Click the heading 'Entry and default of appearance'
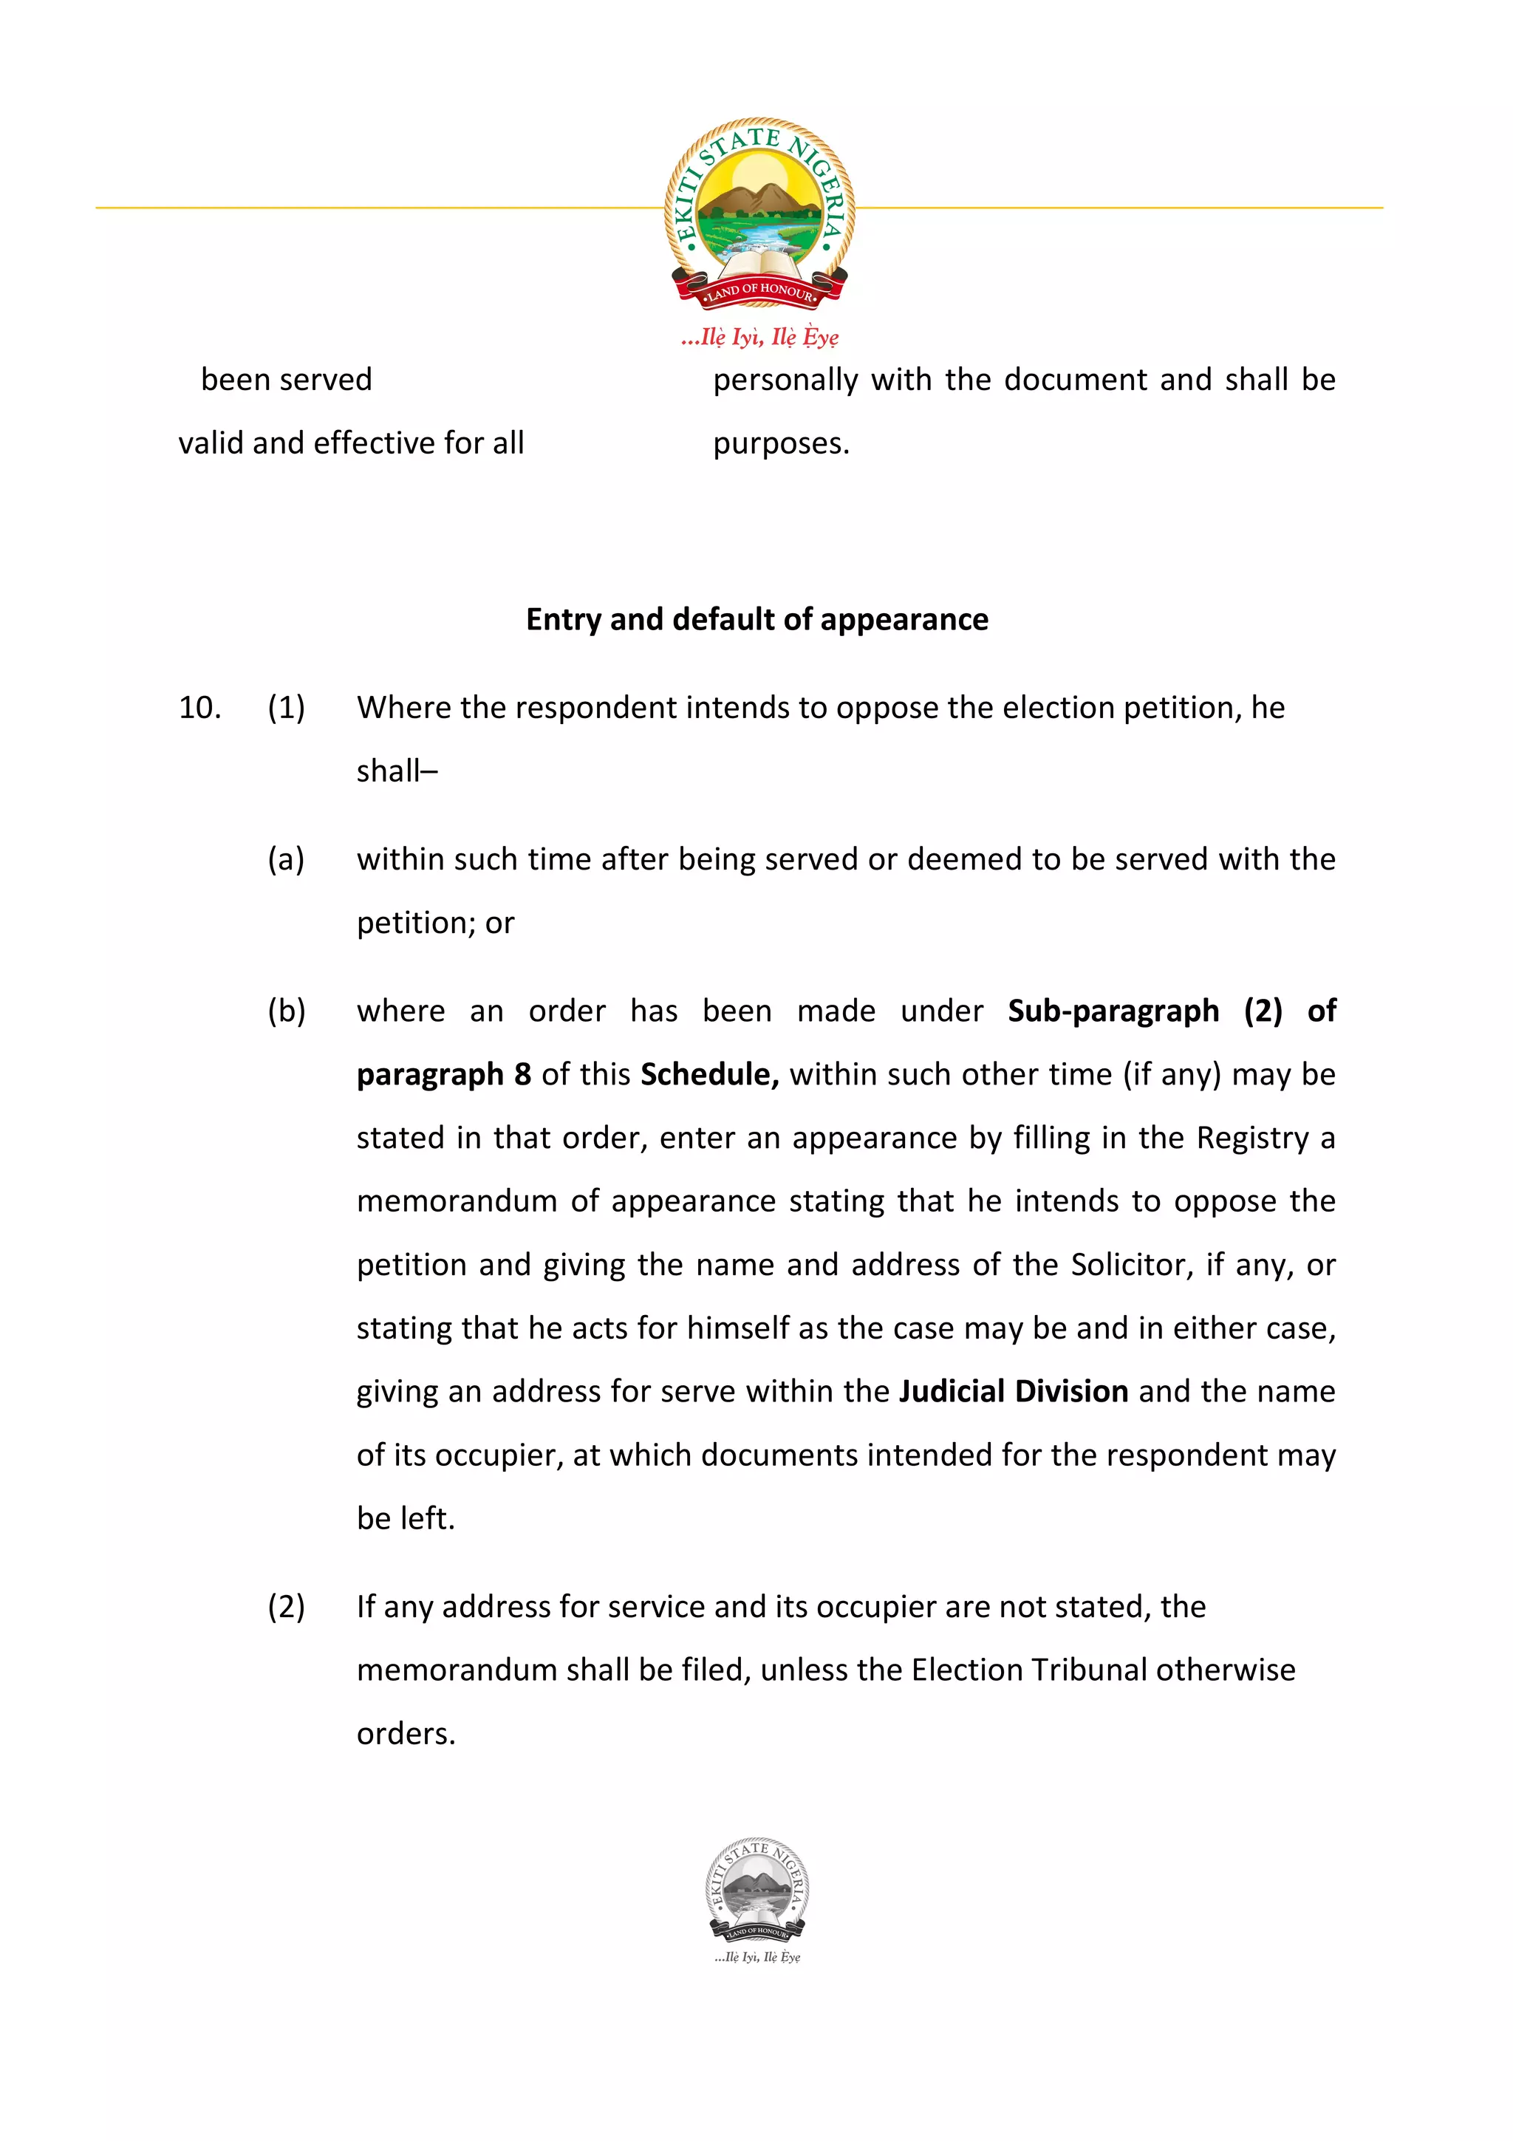tap(757, 620)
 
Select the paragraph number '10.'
tap(199, 708)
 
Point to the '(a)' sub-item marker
tap(286, 858)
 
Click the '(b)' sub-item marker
tap(286, 1011)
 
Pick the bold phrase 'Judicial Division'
tap(1014, 1391)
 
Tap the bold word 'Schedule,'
tap(709, 1074)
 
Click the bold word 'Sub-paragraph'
tap(1113, 1011)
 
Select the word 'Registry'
tap(1253, 1138)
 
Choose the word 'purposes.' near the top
tap(781, 444)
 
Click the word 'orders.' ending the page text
tap(406, 1733)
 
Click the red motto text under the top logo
tap(759, 337)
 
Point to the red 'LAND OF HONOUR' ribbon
tap(759, 291)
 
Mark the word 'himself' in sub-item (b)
tap(738, 1328)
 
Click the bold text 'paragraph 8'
tap(444, 1074)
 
